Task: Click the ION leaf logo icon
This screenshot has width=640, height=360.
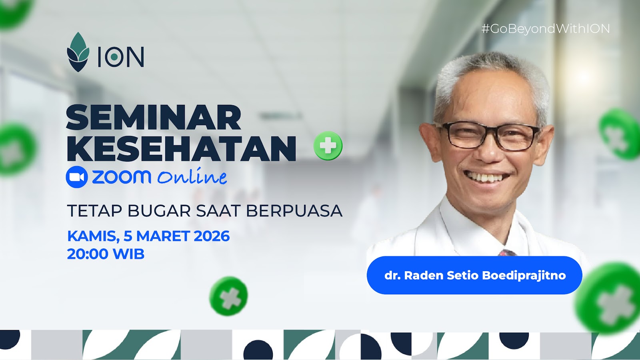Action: pos(78,52)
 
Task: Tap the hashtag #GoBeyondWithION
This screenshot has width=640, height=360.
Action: pos(546,29)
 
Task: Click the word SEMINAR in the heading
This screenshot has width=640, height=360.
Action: pos(154,118)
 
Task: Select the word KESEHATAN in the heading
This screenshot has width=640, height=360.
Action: pos(181,148)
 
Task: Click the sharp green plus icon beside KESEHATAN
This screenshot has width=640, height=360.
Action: pos(328,146)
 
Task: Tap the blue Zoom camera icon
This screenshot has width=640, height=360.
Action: pos(77,177)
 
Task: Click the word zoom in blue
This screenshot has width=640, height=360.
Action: pos(122,177)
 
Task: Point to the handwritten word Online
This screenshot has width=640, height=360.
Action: pos(192,177)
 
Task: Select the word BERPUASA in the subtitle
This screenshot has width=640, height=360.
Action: pos(294,211)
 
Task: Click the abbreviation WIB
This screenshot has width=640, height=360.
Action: pos(128,254)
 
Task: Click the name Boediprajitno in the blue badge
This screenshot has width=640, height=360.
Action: pos(524,276)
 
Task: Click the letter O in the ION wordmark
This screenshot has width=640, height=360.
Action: pos(114,57)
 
